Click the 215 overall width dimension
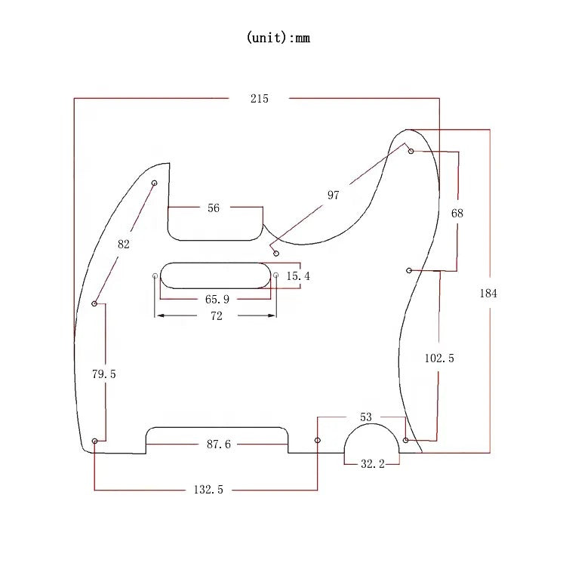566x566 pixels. (x=259, y=98)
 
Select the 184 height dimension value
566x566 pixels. (x=488, y=293)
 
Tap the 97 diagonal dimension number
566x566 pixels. (x=333, y=195)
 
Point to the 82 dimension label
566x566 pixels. (x=124, y=244)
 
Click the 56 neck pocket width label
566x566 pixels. (x=214, y=208)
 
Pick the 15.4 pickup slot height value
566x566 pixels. (x=297, y=276)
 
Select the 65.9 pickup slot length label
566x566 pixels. (x=217, y=299)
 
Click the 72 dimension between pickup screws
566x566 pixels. (x=217, y=317)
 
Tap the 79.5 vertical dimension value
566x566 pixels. (x=104, y=374)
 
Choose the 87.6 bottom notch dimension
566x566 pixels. (x=219, y=444)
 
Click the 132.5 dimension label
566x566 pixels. (x=208, y=490)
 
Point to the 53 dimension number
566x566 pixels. (x=366, y=417)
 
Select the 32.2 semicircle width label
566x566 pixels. (x=372, y=464)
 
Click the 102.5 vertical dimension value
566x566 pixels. (x=439, y=358)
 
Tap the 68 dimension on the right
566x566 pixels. (x=457, y=214)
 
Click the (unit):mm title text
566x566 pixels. (x=278, y=38)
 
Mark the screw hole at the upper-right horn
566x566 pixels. (x=411, y=152)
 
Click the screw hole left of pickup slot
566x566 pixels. (x=155, y=276)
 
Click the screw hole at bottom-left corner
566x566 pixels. (x=94, y=441)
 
